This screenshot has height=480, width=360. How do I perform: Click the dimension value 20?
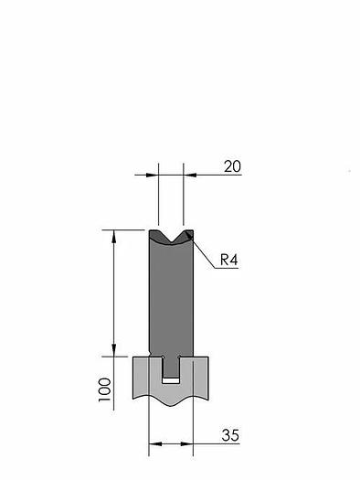[232, 166]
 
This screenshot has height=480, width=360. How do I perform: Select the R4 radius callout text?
[228, 260]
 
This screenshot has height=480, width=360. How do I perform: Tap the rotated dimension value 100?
[104, 389]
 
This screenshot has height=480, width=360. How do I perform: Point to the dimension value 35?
[230, 435]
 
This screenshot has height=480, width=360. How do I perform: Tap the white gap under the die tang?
[171, 380]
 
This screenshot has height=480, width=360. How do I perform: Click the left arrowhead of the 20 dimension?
[153, 176]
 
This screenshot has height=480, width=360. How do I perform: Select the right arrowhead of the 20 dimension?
[190, 176]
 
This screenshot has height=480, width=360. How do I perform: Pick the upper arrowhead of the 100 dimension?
[114, 236]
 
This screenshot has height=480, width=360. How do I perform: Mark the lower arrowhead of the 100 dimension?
[114, 350]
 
